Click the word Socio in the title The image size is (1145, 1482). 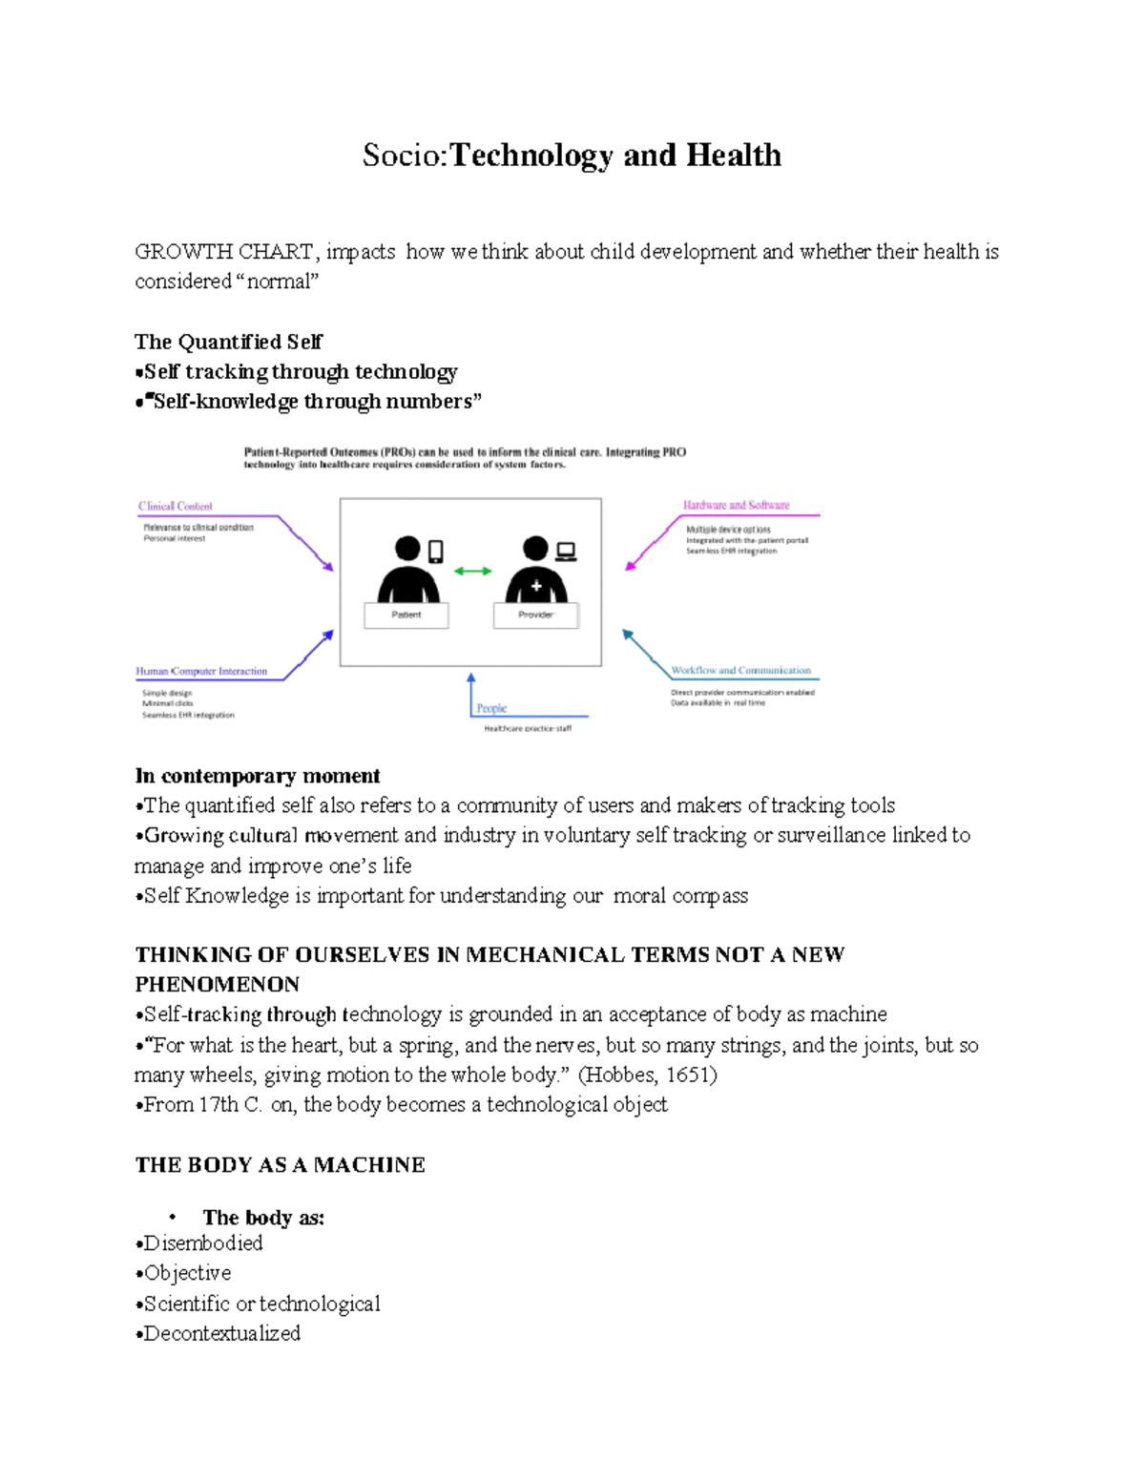click(403, 156)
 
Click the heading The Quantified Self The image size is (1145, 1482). click(228, 342)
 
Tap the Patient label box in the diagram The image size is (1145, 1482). click(406, 615)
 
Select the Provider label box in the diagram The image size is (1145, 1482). click(535, 615)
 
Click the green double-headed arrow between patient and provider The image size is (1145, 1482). click(472, 571)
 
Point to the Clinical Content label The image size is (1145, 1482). click(175, 507)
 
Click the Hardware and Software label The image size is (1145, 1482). click(736, 505)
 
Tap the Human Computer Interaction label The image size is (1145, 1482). click(201, 672)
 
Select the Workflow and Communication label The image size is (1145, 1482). click(740, 671)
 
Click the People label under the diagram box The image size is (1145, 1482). click(491, 708)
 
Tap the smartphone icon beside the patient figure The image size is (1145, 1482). click(436, 551)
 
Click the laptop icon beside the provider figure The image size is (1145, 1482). click(566, 551)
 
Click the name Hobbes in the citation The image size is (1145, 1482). click(619, 1075)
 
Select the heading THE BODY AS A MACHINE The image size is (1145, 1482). click(280, 1165)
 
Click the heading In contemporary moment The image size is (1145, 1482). click(258, 776)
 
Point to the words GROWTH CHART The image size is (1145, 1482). click(223, 252)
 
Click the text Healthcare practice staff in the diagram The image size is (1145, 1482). click(528, 729)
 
